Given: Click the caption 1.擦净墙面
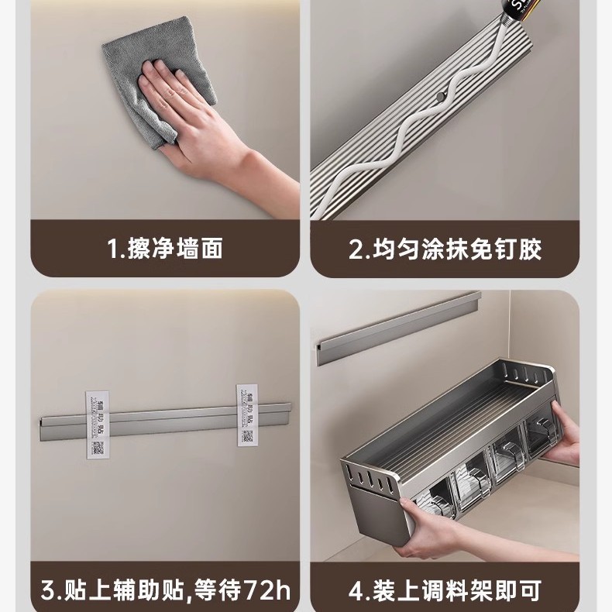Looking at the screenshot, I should (164, 249).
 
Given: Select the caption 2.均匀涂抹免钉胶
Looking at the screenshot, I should (445, 249).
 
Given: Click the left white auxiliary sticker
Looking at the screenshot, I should (95, 419).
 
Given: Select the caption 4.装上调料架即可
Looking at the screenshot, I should (445, 592).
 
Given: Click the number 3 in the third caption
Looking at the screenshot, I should (48, 592).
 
